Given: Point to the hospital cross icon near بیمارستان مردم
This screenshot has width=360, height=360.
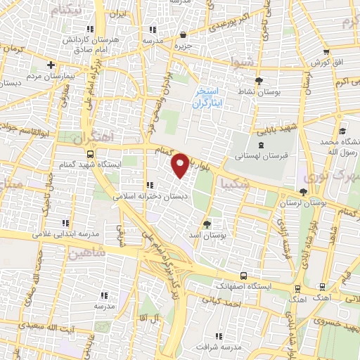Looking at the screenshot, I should (x=51, y=65).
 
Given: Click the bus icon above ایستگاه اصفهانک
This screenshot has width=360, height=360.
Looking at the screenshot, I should (x=243, y=276).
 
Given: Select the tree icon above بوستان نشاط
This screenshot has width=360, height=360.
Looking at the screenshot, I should (x=259, y=81).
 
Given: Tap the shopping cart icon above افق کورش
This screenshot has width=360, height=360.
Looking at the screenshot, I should (x=326, y=52).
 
